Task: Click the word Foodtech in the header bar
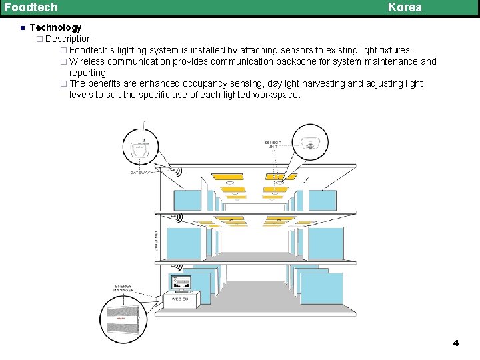click(31, 7)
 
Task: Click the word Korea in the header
click(405, 7)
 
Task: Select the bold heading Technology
click(55, 27)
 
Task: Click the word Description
click(68, 39)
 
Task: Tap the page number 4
click(456, 343)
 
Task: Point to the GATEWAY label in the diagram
click(141, 172)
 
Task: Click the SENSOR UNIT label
click(273, 145)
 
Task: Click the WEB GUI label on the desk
click(181, 299)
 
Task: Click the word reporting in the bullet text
click(87, 73)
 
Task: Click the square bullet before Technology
click(22, 28)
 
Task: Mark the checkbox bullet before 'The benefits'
click(63, 84)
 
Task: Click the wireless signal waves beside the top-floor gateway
click(177, 171)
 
